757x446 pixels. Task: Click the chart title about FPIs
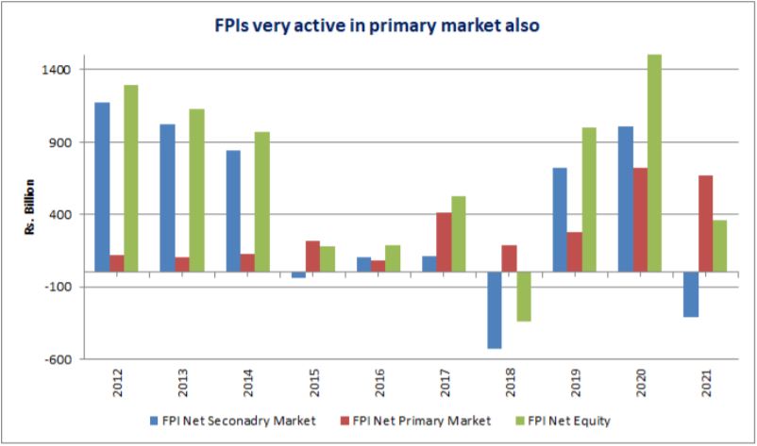pos(378,25)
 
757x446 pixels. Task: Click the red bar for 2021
pos(705,223)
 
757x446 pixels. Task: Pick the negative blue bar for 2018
pos(495,310)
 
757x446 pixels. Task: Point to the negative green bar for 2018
pos(523,296)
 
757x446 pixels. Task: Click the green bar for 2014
pos(261,202)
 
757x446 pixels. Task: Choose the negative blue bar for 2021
pos(690,294)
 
